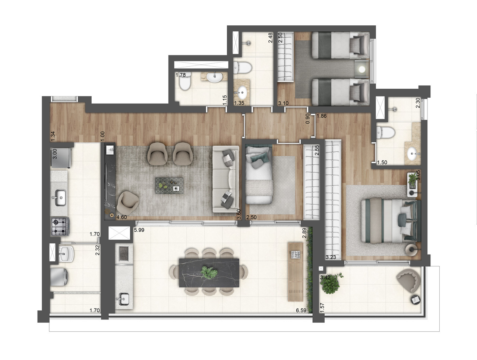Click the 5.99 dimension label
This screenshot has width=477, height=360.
click(139, 230)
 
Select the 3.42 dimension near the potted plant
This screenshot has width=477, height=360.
click(326, 277)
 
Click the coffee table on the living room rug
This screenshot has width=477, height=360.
click(170, 185)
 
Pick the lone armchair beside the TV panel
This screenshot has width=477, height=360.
click(128, 202)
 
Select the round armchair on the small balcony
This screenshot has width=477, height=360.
click(409, 280)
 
